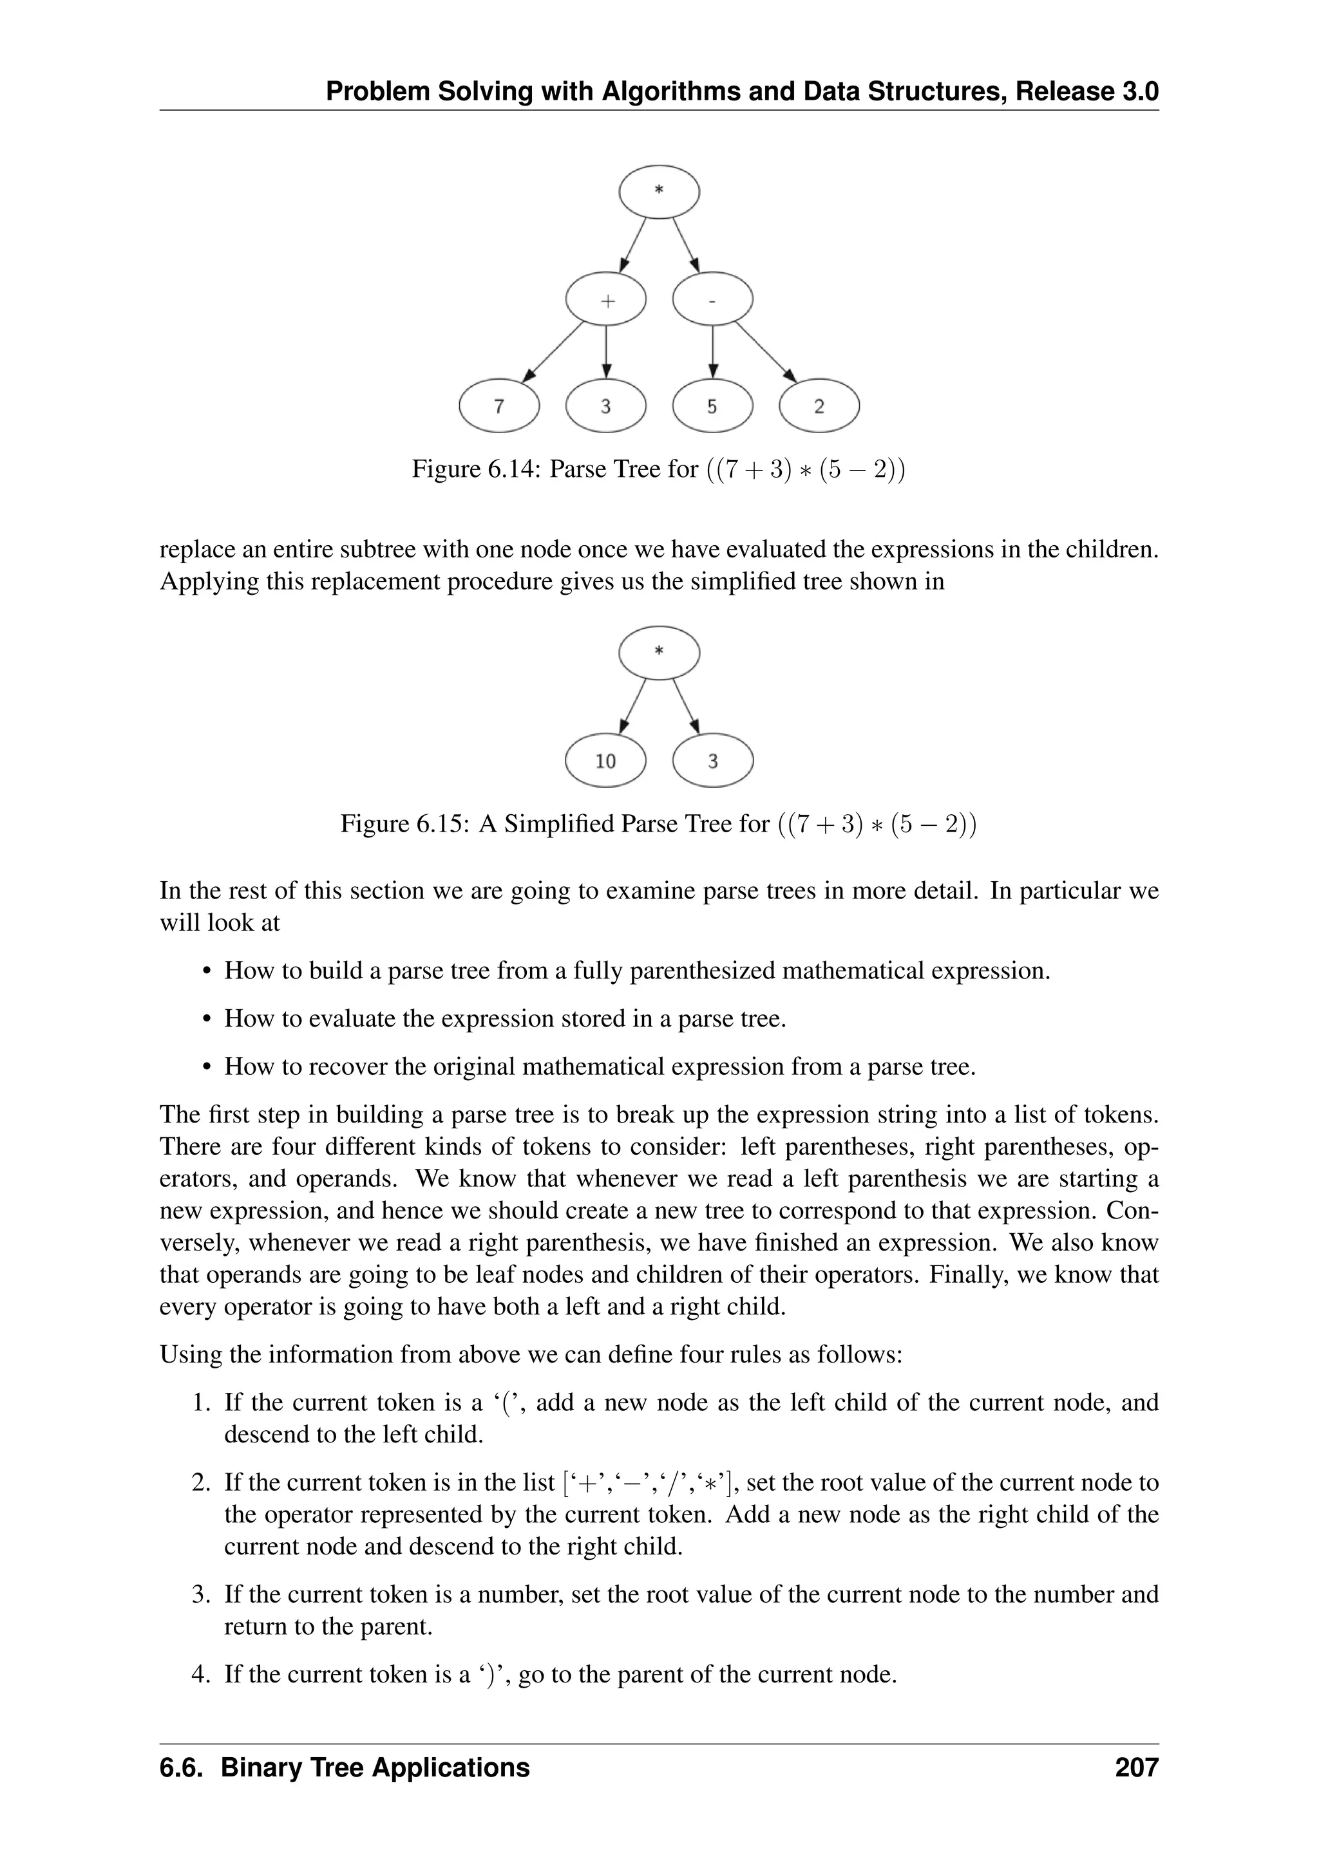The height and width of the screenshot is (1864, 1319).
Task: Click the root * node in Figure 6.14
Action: (659, 192)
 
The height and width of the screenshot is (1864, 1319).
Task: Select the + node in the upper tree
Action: (606, 301)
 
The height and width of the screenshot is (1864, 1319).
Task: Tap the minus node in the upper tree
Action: (712, 301)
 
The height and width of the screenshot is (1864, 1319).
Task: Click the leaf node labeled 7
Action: (498, 406)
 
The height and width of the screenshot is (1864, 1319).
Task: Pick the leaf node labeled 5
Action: (712, 406)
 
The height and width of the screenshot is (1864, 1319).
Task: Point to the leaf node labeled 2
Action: (819, 406)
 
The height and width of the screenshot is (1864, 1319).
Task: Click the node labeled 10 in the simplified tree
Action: (606, 761)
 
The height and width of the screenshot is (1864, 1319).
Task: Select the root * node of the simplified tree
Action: (659, 653)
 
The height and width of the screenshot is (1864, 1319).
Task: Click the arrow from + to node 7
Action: (554, 351)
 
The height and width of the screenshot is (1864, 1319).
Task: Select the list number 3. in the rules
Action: (202, 1594)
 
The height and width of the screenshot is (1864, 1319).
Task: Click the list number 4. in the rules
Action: (202, 1674)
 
